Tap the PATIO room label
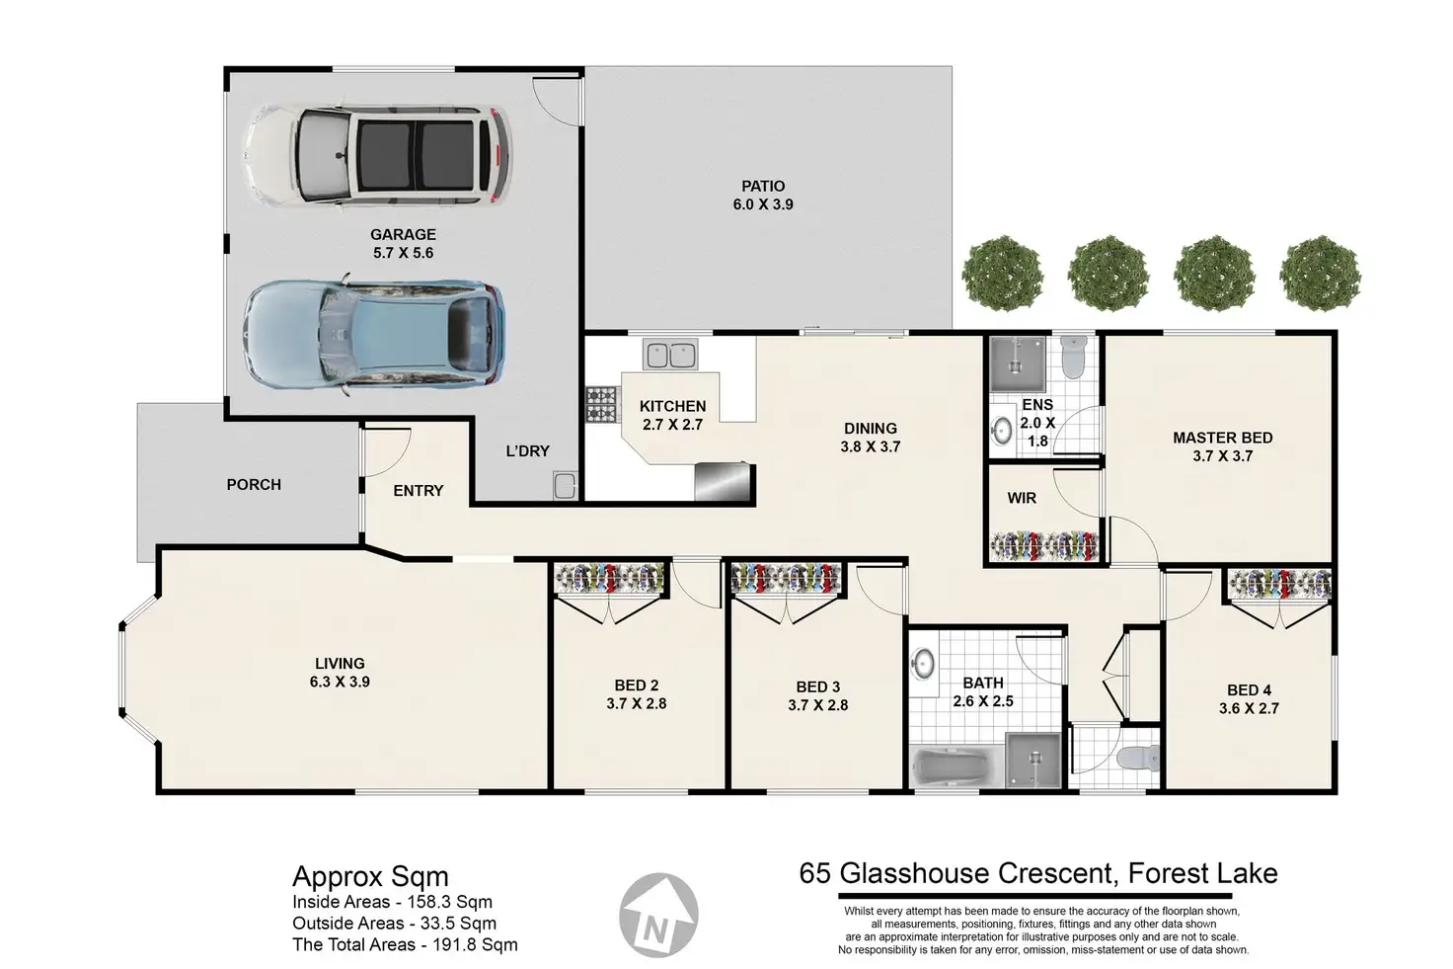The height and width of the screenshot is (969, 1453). (763, 187)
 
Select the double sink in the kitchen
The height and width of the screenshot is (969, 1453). (670, 355)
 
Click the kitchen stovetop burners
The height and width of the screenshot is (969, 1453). (602, 405)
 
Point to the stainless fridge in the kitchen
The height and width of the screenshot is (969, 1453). (724, 481)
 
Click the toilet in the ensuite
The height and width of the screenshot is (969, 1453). (1074, 357)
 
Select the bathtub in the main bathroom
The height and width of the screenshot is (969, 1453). (956, 768)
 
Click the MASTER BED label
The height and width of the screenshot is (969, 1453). (1223, 438)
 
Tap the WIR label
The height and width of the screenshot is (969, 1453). (1022, 498)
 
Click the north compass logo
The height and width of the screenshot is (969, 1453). (658, 915)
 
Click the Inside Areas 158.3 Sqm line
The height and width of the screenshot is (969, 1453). (393, 902)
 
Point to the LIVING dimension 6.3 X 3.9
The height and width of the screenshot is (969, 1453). (340, 682)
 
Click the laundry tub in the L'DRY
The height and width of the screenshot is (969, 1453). (565, 485)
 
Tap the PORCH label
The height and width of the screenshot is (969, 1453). (254, 484)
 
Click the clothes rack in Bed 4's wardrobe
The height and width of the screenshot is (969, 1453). (1279, 584)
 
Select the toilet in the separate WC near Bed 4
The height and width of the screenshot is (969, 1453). (1138, 757)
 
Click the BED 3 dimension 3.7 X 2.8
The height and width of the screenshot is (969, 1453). (818, 705)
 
